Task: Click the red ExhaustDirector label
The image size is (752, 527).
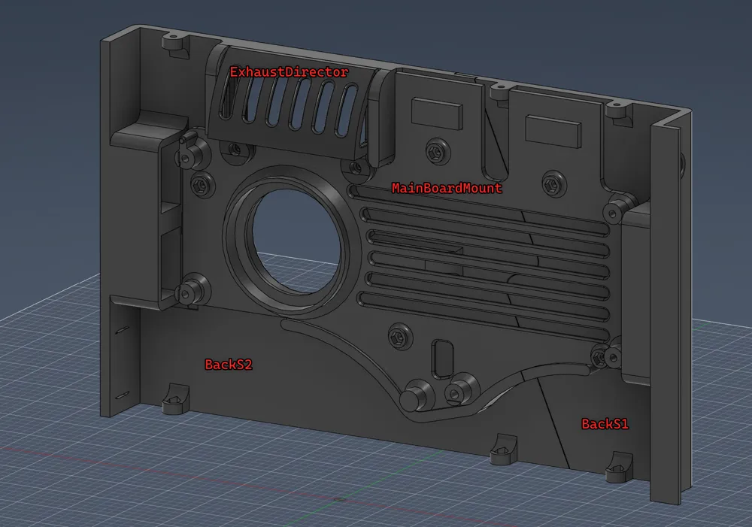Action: pos(290,72)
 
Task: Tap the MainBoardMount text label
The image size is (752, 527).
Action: pos(447,188)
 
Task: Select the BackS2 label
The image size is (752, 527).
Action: pos(229,365)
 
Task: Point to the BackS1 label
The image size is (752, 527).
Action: pos(605,424)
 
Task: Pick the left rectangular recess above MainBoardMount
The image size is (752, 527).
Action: pos(437,114)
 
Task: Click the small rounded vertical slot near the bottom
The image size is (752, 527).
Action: pos(443,359)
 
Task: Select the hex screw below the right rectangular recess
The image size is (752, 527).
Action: pos(553,183)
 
